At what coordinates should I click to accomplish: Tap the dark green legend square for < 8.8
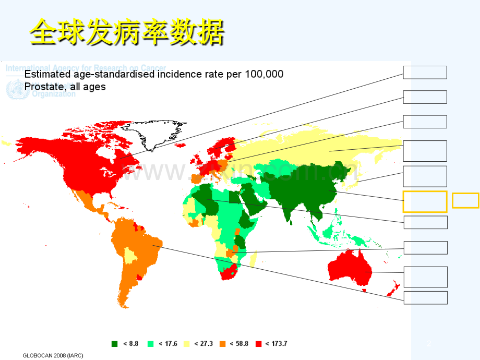(115, 343)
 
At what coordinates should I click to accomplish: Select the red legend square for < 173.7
(258, 343)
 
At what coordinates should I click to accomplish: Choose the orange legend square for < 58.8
(222, 343)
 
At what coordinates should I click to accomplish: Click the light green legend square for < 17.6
(151, 343)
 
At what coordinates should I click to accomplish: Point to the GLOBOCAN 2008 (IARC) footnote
(53, 355)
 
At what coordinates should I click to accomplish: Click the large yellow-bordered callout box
(425, 201)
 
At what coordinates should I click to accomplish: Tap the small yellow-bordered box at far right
(465, 200)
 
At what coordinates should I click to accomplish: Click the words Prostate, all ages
(65, 87)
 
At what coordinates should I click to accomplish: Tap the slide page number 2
(429, 343)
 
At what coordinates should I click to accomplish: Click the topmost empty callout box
(425, 73)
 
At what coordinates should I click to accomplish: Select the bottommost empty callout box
(425, 297)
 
